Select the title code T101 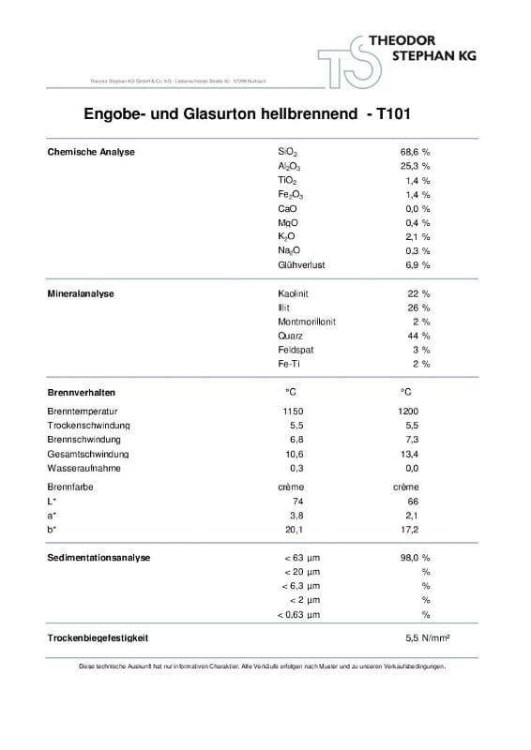pyautogui.click(x=392, y=115)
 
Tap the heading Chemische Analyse pyautogui.click(x=91, y=151)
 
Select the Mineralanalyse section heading pyautogui.click(x=81, y=293)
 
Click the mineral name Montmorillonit pyautogui.click(x=307, y=322)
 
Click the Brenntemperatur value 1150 pyautogui.click(x=293, y=412)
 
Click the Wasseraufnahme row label pyautogui.click(x=83, y=468)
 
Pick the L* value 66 pyautogui.click(x=413, y=502)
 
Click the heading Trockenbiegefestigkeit pyautogui.click(x=99, y=637)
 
